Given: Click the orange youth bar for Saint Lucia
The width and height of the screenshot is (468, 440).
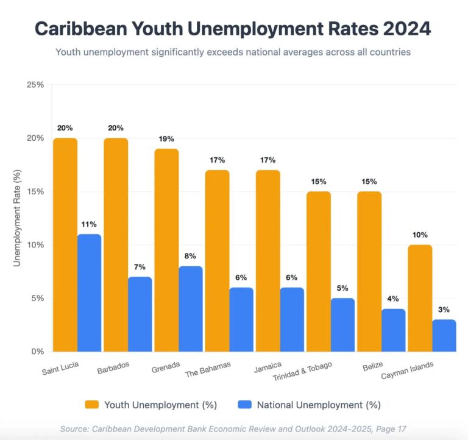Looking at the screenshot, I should pos(65,244).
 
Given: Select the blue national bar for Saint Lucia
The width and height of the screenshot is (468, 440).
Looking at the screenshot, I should pos(90,293).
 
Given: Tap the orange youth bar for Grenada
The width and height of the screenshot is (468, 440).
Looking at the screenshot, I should pos(166,250).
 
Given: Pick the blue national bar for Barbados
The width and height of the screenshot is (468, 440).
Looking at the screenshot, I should pos(140,314).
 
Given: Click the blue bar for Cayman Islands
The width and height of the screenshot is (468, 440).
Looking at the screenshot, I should pos(444,335).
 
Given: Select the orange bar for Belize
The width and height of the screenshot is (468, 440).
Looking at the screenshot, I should pos(369,271).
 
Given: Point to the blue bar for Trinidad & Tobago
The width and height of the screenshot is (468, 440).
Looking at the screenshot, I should pos(343,325).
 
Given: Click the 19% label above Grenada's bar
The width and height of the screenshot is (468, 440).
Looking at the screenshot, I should pos(166,138).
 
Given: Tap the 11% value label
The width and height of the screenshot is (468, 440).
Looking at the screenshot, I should pos(90,224).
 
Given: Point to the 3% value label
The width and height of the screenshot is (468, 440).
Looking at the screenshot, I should pos(444,309).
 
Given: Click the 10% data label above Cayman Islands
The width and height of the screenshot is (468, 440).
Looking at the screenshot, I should pos(420,235).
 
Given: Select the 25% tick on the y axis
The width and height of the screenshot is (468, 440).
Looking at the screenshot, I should pos(35,85).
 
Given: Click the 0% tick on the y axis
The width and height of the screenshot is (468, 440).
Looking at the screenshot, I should pos(38,352).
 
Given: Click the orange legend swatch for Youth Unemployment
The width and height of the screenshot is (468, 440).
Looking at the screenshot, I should pos(92,405).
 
